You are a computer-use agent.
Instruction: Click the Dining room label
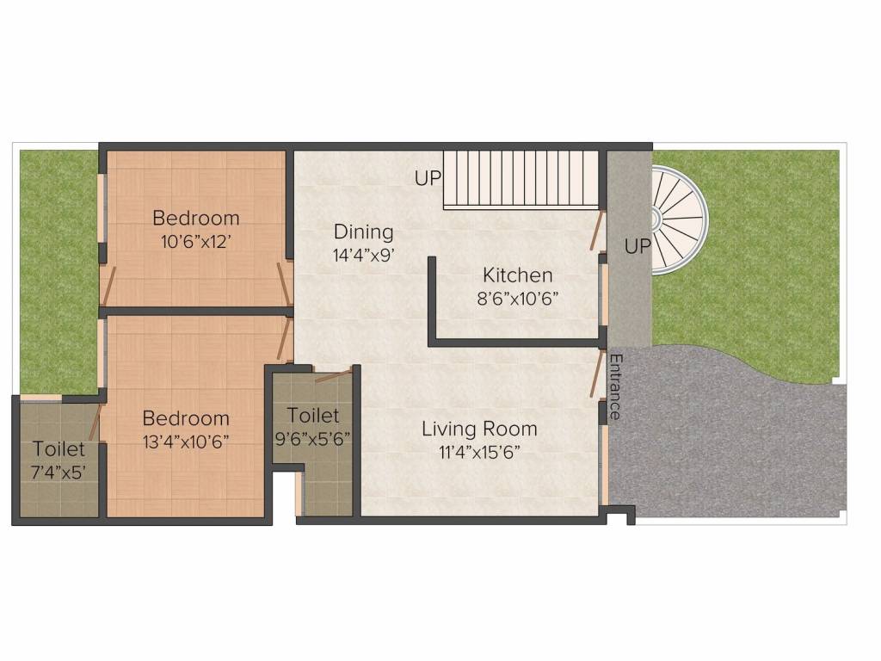[364, 232]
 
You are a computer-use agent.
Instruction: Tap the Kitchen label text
[517, 275]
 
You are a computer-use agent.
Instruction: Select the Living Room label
[479, 429]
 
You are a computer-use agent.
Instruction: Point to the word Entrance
[615, 386]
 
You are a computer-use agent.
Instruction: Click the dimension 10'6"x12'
[196, 242]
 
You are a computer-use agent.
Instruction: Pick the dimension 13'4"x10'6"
[186, 442]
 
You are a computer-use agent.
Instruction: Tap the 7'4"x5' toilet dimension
[59, 473]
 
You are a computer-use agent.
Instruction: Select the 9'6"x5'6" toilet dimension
[313, 438]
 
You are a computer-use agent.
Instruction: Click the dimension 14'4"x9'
[363, 255]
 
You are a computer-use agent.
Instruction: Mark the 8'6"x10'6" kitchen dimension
[517, 299]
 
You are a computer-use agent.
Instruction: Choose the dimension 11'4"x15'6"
[479, 453]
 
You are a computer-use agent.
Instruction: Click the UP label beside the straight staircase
[428, 178]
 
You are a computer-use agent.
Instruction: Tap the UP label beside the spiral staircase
[638, 246]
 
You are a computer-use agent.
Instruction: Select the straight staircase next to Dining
[521, 179]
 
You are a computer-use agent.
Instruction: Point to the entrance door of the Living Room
[597, 374]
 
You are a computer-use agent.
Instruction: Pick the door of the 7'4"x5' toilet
[95, 422]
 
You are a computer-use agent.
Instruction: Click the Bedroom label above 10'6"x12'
[196, 218]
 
